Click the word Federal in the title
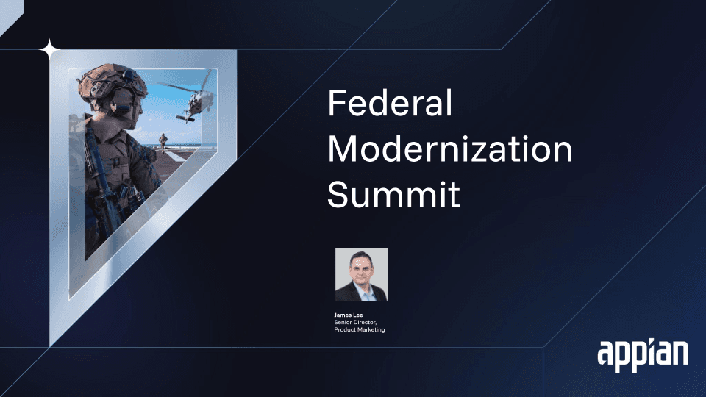390,103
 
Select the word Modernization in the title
450,149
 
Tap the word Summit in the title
394,194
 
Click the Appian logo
643,355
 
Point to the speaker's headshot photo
361,274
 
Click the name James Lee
348,315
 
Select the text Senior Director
355,322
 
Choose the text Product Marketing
360,329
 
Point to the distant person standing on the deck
163,142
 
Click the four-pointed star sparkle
50,49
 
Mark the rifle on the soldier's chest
97,176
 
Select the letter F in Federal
337,103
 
